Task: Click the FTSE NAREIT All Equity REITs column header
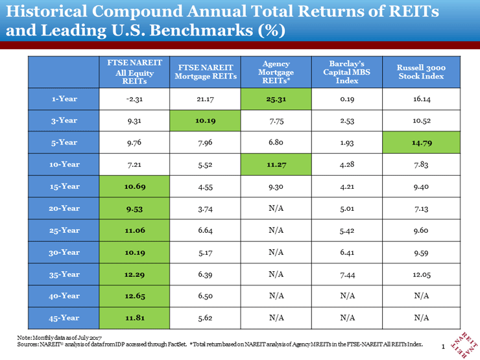coord(134,72)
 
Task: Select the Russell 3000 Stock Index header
coord(421,72)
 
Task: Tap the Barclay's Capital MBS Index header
coord(346,72)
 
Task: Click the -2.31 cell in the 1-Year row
coord(134,99)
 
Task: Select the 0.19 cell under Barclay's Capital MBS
coord(346,99)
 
